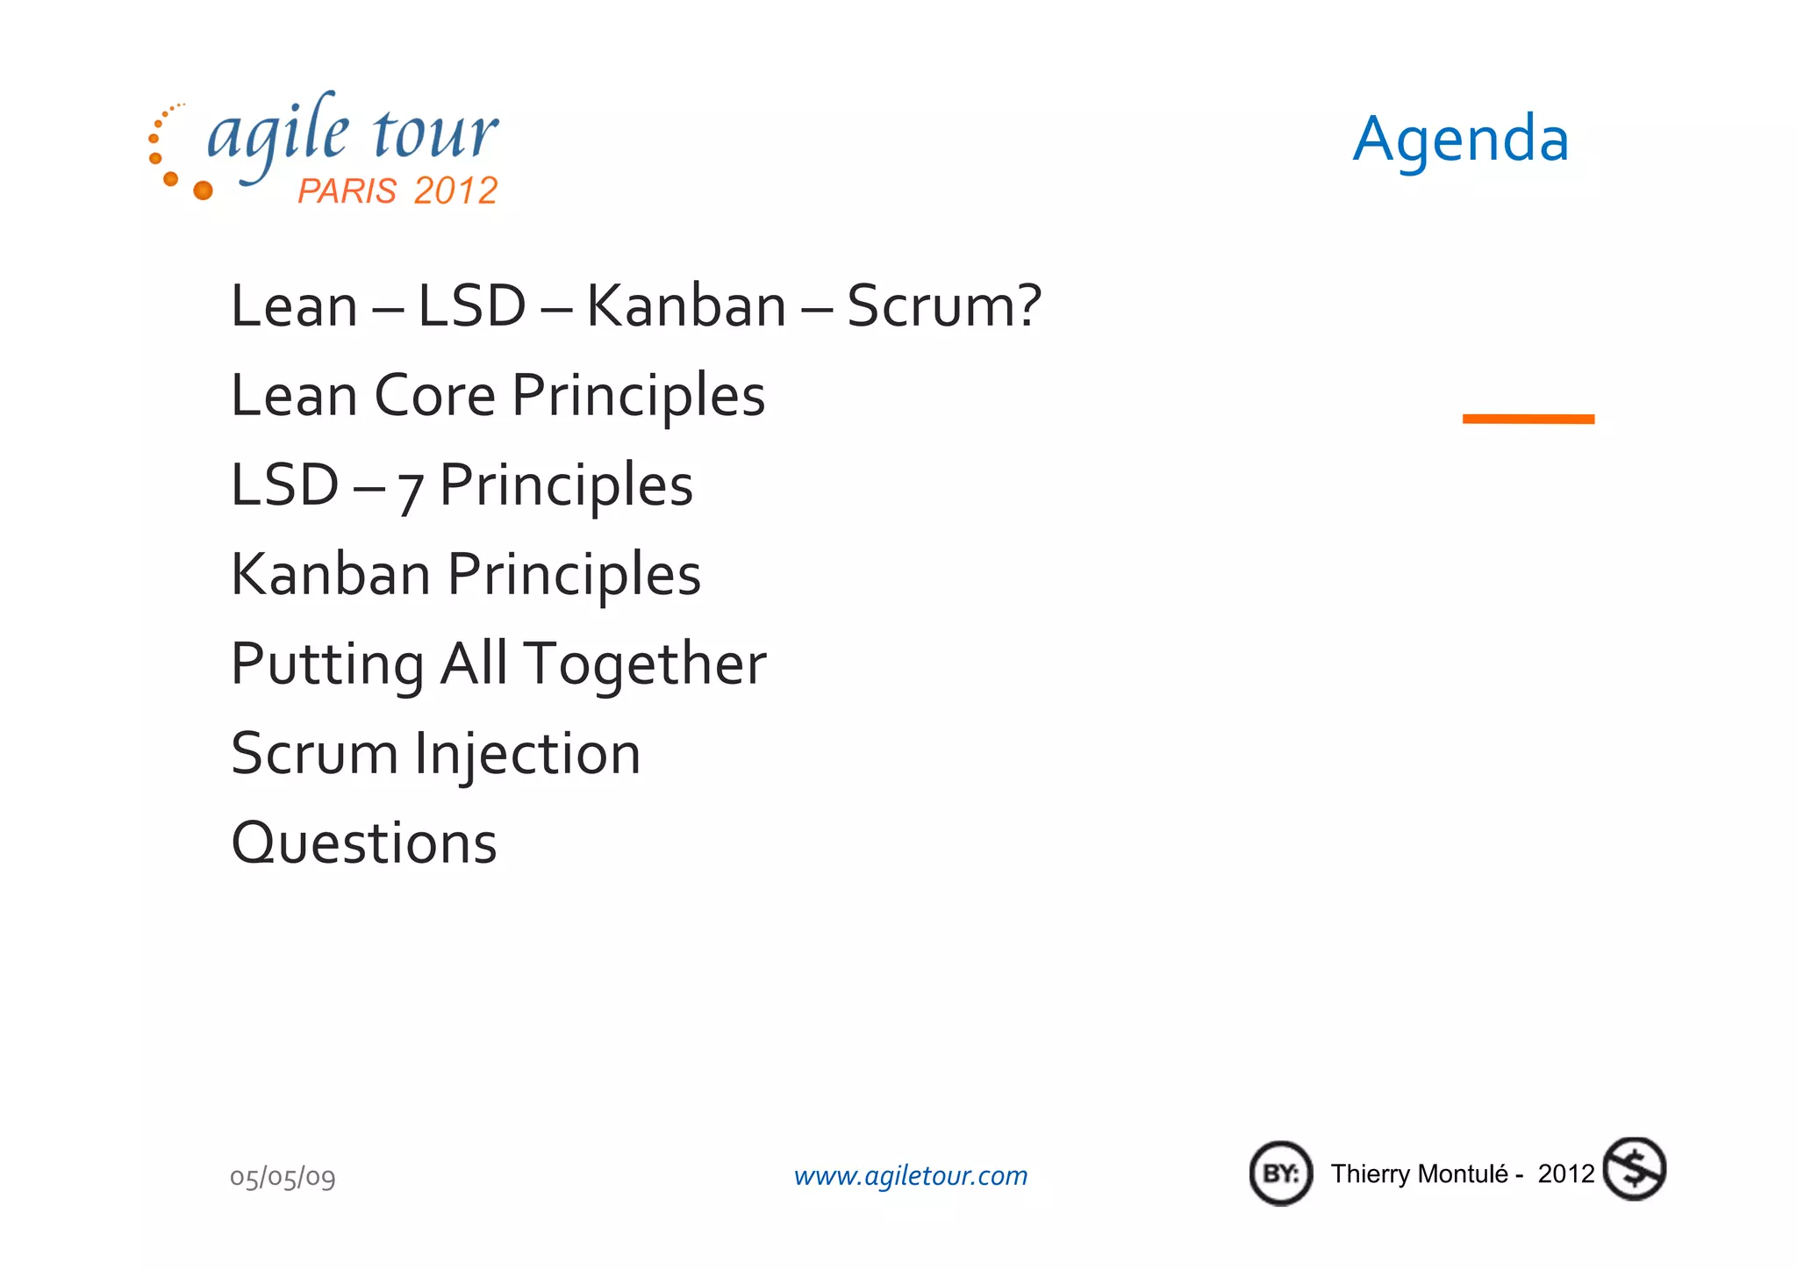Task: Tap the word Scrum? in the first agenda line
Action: click(944, 306)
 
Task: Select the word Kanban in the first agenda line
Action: click(686, 306)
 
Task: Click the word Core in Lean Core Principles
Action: click(435, 396)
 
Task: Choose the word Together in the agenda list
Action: click(646, 664)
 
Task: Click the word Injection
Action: click(527, 756)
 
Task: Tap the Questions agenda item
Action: click(364, 844)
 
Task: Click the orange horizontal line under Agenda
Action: click(1528, 420)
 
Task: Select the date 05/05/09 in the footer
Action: click(283, 1177)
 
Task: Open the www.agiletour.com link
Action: click(911, 1176)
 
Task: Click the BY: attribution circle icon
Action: click(1281, 1173)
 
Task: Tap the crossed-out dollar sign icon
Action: click(1634, 1170)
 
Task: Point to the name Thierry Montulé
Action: click(1419, 1174)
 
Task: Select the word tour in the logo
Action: click(436, 133)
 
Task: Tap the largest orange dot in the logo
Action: click(203, 190)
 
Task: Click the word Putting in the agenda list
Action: click(327, 665)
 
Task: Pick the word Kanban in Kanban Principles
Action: click(331, 575)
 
